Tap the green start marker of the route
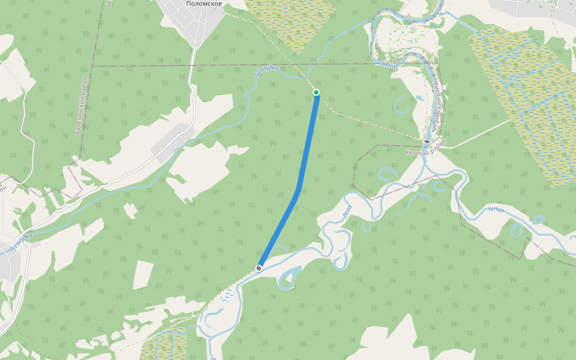[x=316, y=92]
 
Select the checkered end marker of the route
[x=259, y=268]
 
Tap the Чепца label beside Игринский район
[x=390, y=64]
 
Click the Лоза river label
[x=347, y=211]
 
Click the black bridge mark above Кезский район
[x=427, y=142]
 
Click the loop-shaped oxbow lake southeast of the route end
[x=289, y=277]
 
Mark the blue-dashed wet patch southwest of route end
[x=226, y=295]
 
